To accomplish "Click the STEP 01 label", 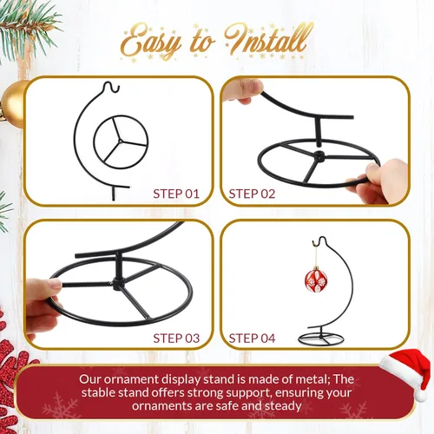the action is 176,194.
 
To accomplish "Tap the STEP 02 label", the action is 252,194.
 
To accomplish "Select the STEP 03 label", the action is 176,339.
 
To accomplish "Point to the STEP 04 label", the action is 252,339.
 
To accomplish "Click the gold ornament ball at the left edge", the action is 13,104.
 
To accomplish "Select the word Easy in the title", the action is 150,43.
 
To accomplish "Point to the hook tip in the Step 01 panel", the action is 118,89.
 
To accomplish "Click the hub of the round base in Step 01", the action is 120,141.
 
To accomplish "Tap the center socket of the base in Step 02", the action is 319,156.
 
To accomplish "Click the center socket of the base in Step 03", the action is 118,284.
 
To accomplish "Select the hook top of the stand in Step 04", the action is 319,240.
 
